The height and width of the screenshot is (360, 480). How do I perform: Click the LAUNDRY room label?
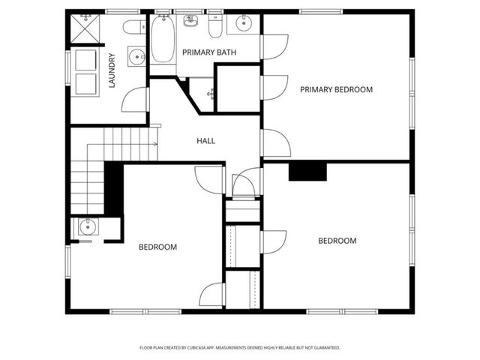112,70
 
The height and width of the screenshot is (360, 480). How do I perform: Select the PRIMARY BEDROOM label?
336,89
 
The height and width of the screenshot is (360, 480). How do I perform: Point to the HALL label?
206,140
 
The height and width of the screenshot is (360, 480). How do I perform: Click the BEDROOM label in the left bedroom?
157,247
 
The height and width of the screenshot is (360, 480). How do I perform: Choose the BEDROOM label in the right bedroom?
337,241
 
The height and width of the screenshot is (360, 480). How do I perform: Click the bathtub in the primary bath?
163,40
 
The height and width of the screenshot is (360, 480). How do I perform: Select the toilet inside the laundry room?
134,28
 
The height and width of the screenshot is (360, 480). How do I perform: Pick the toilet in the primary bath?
215,28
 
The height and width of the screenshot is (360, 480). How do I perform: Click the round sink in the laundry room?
136,57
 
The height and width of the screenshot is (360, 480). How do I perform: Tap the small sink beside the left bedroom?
86,226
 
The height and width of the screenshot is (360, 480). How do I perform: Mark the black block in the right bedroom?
307,172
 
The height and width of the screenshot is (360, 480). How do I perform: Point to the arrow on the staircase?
154,143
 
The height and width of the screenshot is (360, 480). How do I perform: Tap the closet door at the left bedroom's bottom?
212,294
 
